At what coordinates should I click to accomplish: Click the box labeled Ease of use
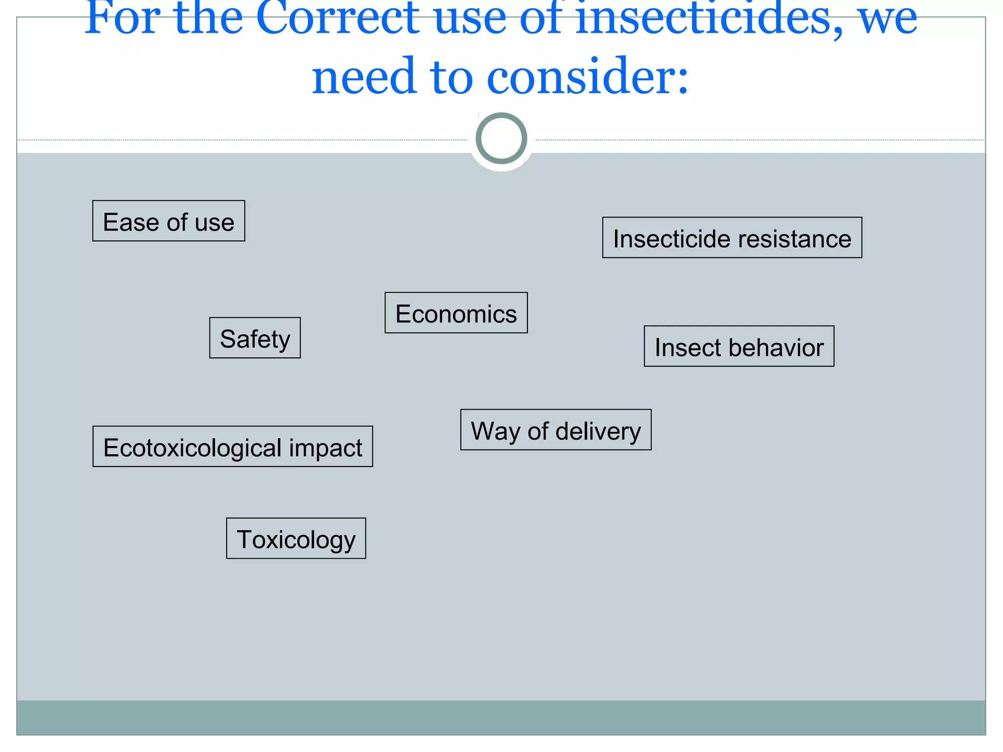point(168,221)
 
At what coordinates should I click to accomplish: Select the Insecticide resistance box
point(732,238)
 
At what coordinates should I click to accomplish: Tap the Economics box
point(456,313)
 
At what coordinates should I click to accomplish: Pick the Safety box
point(255,338)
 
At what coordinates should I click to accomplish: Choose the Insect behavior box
point(739,347)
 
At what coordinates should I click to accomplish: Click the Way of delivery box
point(556,430)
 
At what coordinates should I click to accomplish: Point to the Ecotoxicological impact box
point(233,447)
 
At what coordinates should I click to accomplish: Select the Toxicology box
point(296,539)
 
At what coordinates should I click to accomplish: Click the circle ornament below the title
point(501,139)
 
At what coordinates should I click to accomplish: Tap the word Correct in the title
point(337,20)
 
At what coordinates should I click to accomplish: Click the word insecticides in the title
point(709,20)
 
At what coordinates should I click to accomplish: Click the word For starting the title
point(122,20)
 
